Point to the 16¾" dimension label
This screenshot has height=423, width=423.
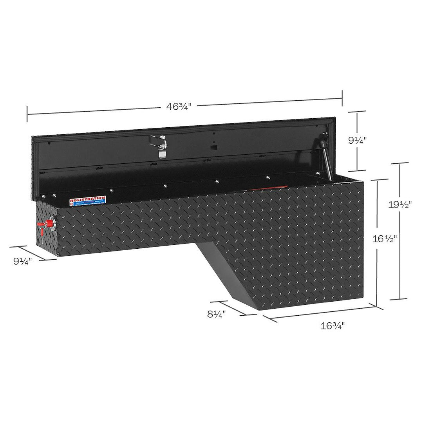point(333,325)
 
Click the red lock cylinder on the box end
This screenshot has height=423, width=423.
point(49,224)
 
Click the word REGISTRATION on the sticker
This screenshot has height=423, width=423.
point(88,199)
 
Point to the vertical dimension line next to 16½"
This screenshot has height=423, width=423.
point(377,274)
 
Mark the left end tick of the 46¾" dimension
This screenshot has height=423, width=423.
point(27,114)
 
